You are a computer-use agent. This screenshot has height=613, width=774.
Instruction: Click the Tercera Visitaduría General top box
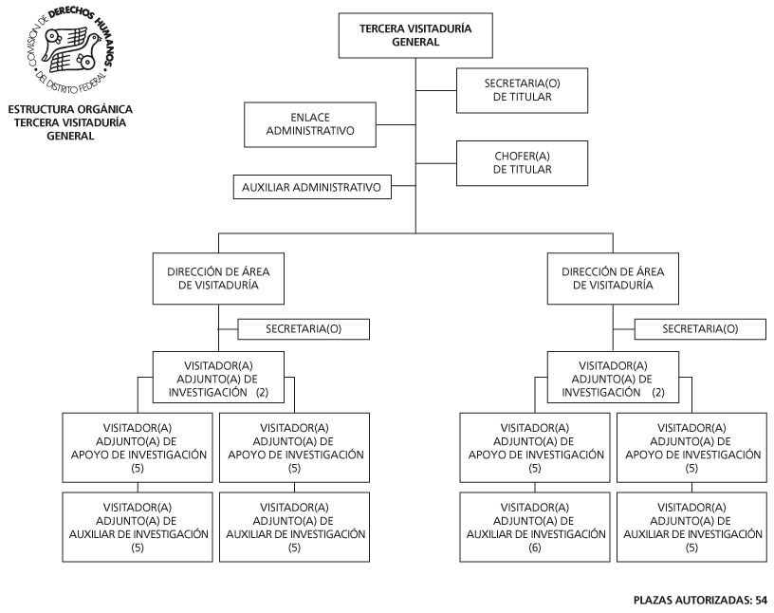[415, 35]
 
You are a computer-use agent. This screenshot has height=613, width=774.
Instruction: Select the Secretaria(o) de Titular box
[522, 90]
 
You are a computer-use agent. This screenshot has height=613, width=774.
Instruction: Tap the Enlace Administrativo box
[310, 124]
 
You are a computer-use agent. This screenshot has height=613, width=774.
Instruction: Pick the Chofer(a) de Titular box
[522, 163]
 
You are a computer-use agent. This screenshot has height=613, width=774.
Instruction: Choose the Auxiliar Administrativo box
[312, 187]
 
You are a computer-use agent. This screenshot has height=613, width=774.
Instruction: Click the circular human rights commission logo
[70, 50]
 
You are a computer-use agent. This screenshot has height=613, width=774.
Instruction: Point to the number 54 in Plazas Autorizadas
[761, 600]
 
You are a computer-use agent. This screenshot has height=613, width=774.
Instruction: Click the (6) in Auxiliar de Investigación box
[535, 548]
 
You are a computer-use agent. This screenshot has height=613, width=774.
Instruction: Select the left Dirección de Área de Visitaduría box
[218, 279]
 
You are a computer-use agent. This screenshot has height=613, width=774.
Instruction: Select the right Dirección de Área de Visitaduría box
[613, 279]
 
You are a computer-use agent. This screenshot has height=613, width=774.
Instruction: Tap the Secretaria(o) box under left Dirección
[304, 329]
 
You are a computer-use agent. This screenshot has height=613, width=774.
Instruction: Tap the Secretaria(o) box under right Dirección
[700, 329]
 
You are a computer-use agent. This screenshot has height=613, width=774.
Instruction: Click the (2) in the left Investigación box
[262, 393]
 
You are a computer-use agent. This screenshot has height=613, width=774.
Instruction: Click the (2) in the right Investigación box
[658, 393]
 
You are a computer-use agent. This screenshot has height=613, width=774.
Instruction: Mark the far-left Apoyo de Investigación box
[138, 448]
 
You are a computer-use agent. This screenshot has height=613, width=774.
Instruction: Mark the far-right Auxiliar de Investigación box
[691, 527]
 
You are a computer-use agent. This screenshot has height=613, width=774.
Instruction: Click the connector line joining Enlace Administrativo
[396, 124]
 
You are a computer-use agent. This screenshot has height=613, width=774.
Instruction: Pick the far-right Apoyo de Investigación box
[691, 448]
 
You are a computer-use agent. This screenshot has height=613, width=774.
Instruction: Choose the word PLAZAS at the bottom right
[652, 600]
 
